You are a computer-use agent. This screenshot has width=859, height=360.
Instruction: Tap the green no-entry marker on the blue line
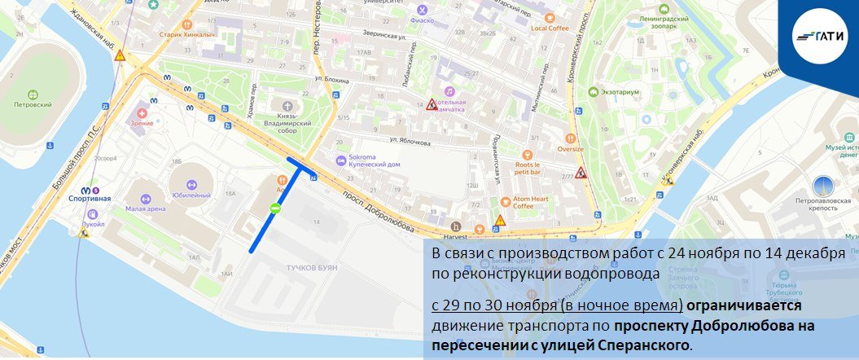click(275, 209)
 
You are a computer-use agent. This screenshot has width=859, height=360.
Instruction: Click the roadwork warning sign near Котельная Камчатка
click(432, 104)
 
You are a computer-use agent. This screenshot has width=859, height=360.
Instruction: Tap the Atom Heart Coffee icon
click(505, 200)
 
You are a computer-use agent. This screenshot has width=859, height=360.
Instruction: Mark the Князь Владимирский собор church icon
click(286, 105)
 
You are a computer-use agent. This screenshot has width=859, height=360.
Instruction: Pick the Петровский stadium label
click(33, 105)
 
